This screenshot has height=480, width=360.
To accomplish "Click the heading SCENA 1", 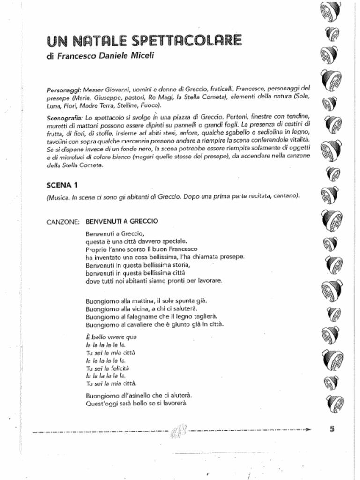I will coord(62,184).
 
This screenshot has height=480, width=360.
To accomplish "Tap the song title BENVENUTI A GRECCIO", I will coord(122,221).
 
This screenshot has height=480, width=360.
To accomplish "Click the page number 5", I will coord(331,427).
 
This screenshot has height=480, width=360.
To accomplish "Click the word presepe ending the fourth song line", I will coord(233,257).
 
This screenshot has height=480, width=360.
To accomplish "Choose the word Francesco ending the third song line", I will coord(183,249).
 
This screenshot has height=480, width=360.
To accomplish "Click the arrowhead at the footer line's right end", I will coord(307,429).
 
